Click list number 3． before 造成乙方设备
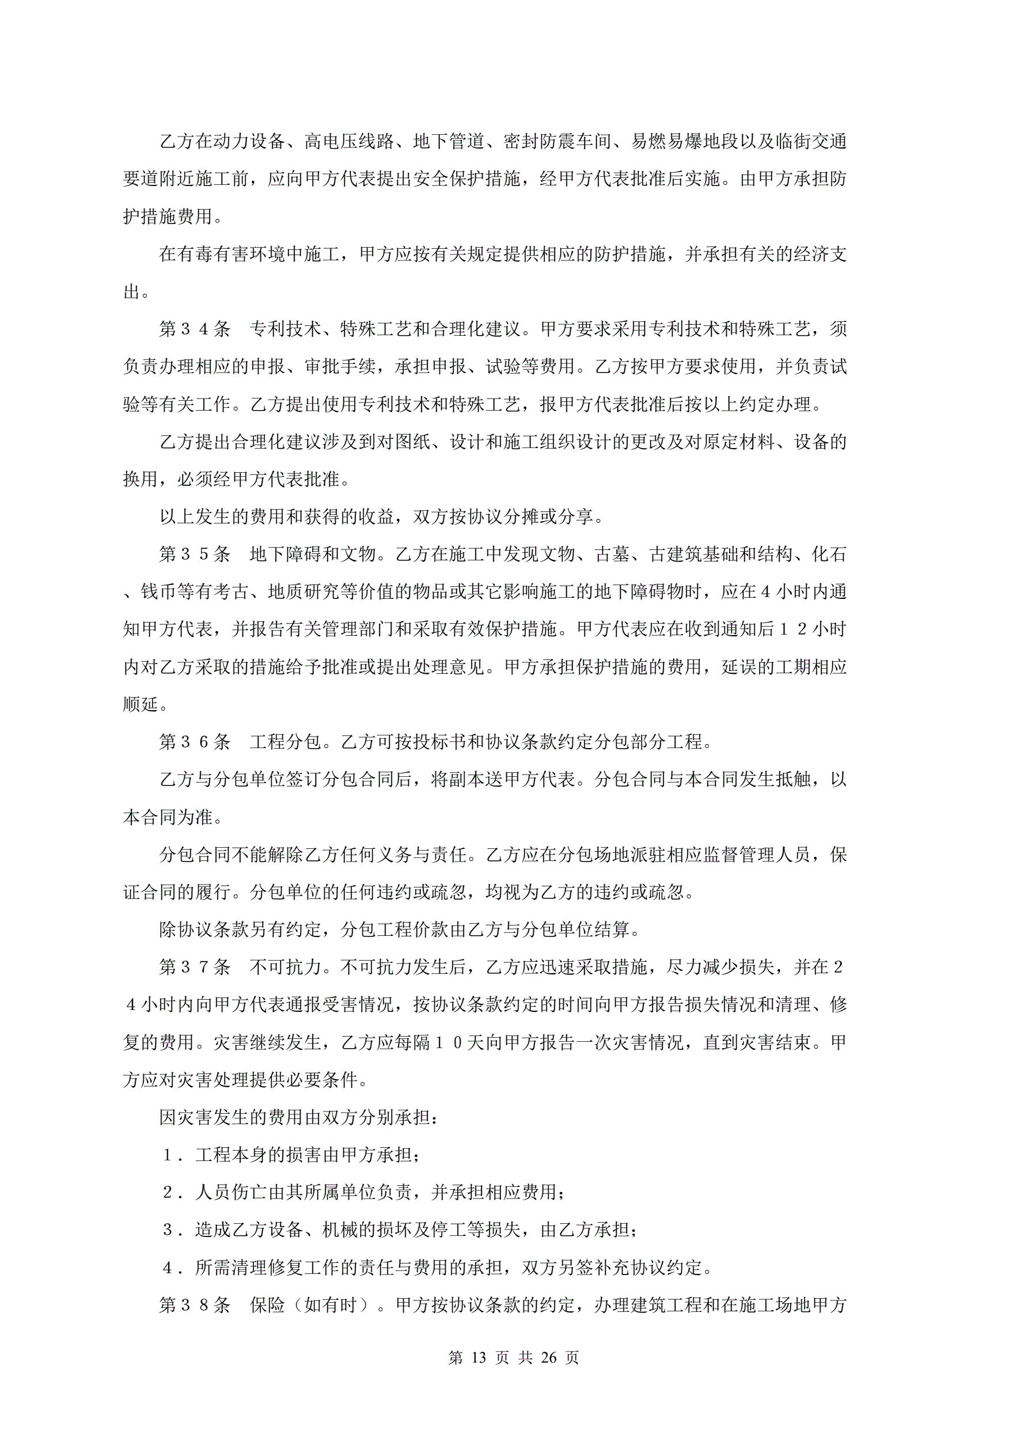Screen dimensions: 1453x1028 173,1230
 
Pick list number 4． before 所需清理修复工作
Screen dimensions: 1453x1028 173,1268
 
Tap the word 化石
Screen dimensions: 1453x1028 829,555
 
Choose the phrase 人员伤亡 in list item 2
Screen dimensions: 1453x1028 232,1192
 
